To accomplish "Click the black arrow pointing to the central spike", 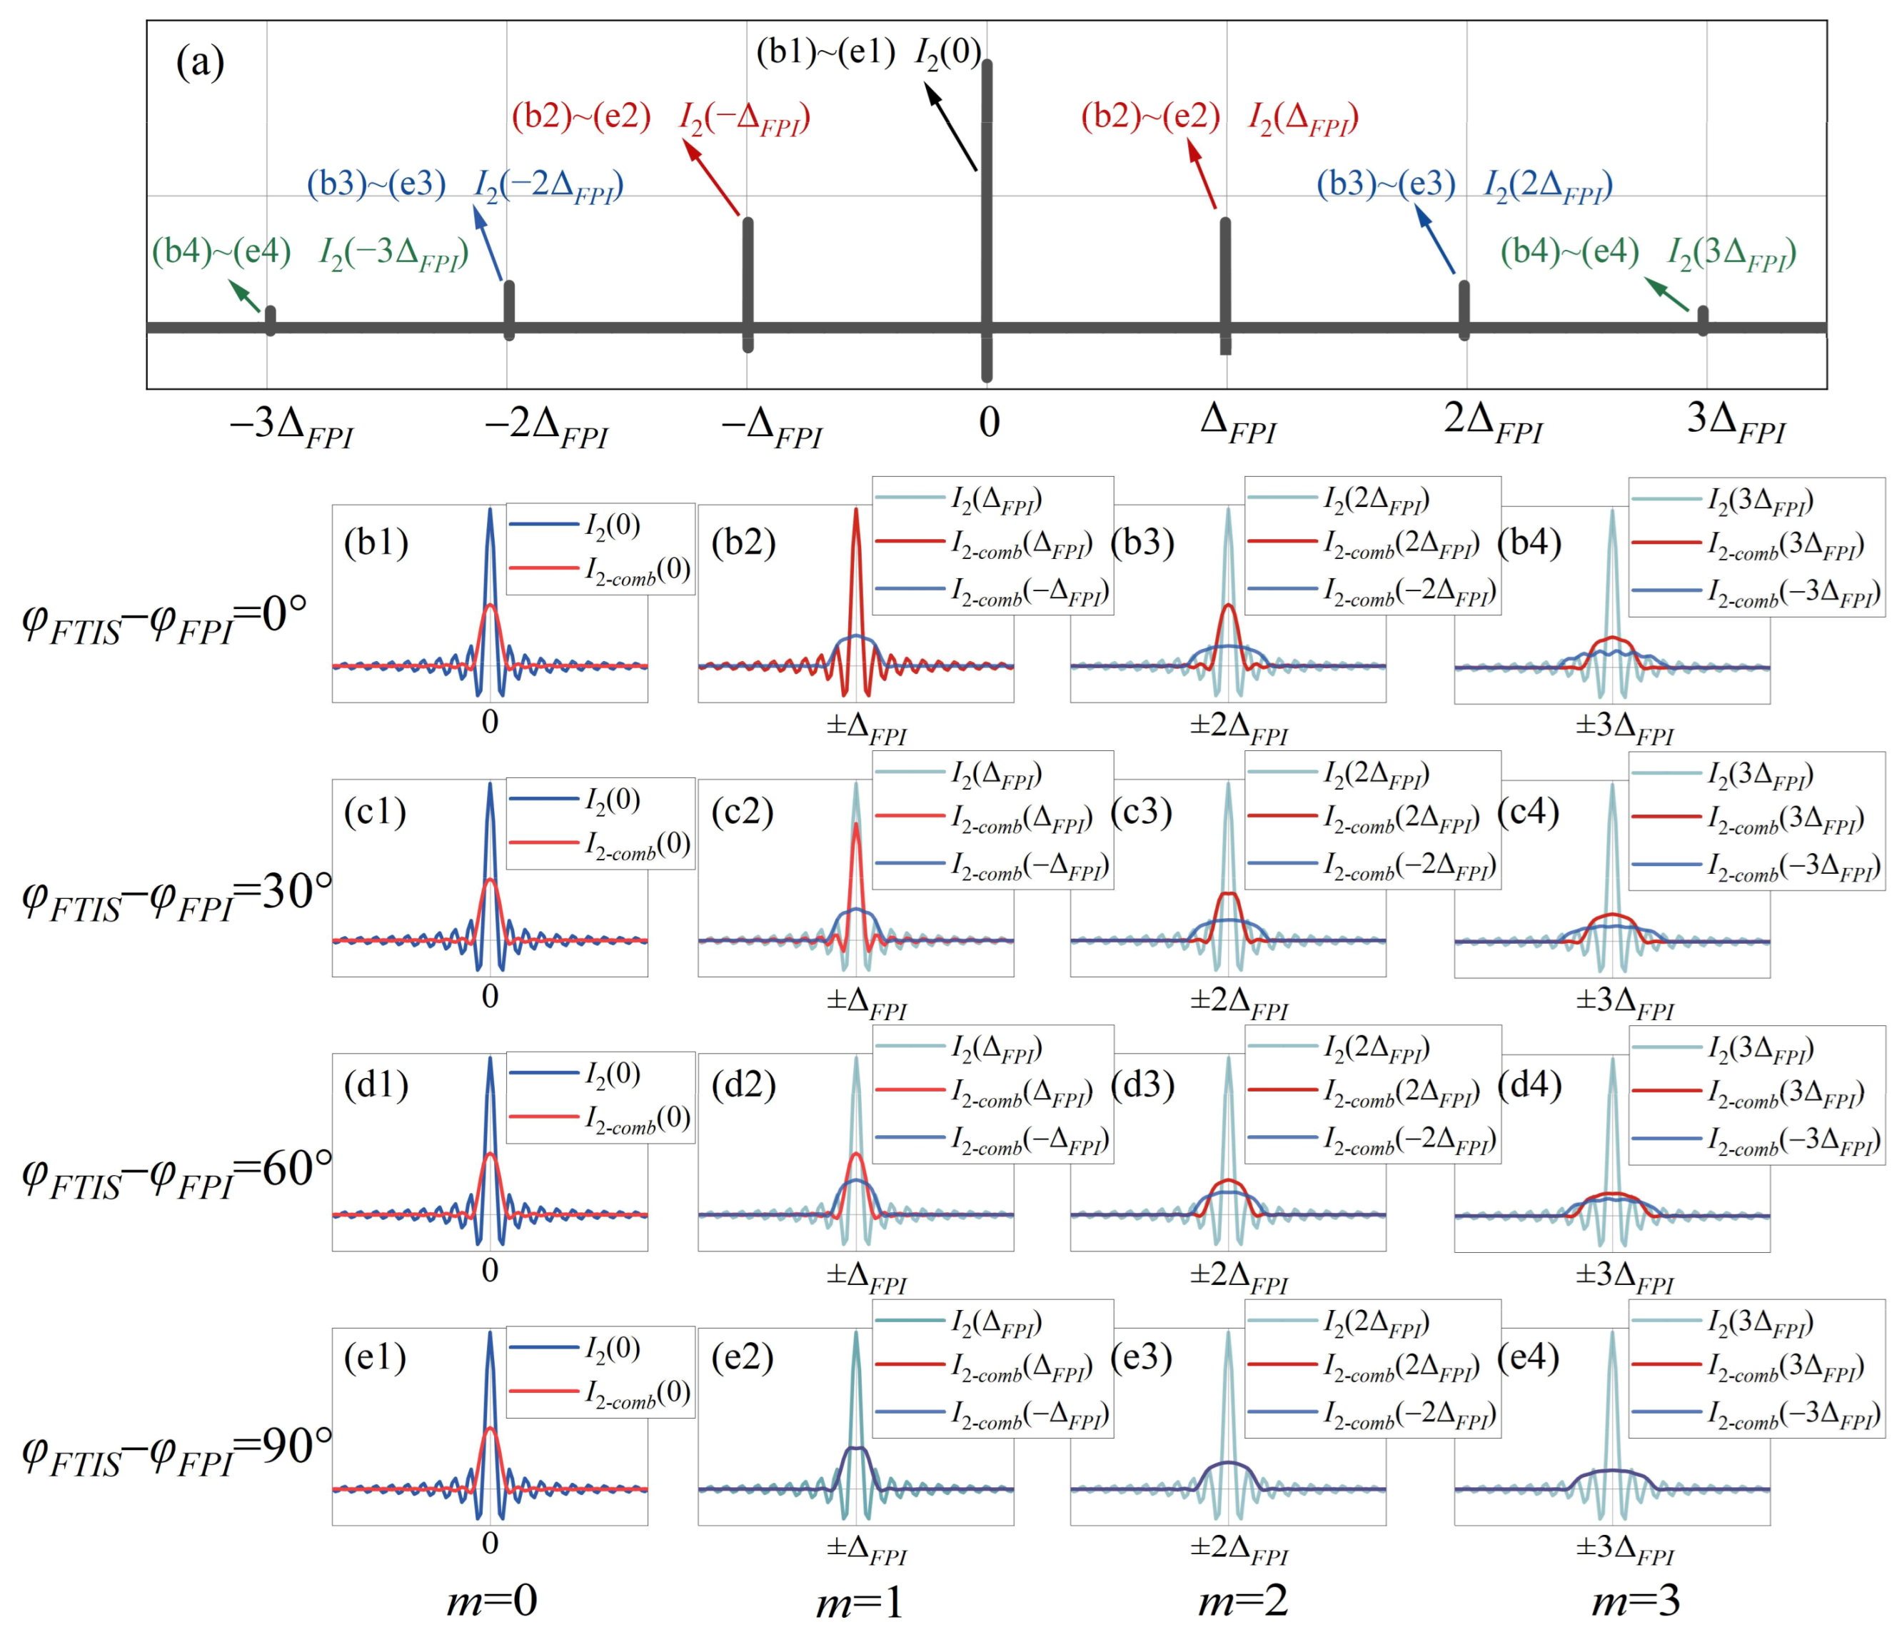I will (x=950, y=126).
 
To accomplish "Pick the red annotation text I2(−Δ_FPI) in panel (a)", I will (x=745, y=119).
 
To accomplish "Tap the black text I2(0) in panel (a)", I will (x=947, y=54).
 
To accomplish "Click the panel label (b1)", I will (x=376, y=543).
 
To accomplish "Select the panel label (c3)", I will (x=1141, y=812).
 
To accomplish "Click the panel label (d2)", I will (x=743, y=1085).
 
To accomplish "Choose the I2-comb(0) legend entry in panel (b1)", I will (x=638, y=571).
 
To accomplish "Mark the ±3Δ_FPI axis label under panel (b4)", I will (x=1625, y=728).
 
